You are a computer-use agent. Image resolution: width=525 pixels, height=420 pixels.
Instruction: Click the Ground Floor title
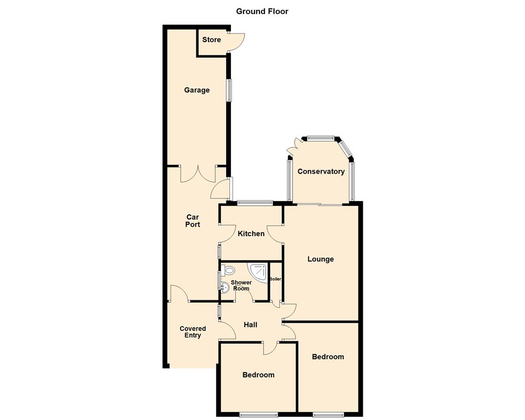tap(262, 11)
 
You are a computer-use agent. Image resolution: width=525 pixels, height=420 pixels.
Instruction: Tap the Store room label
tap(212, 40)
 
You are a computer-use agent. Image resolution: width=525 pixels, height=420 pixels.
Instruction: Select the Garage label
tap(197, 90)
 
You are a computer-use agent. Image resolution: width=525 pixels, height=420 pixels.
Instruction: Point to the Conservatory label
tap(321, 172)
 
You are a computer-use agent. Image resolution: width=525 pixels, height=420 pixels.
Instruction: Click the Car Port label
tap(193, 220)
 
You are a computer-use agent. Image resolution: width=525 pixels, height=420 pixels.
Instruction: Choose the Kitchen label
tap(251, 234)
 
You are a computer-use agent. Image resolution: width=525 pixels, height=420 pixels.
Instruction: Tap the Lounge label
tap(320, 259)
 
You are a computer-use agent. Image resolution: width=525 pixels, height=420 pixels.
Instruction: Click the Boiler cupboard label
tap(275, 279)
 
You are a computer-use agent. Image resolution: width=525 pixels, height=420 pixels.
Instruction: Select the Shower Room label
tap(242, 286)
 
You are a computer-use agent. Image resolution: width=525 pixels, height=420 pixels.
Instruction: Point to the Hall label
tap(250, 325)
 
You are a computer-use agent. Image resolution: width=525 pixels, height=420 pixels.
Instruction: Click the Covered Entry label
tap(193, 332)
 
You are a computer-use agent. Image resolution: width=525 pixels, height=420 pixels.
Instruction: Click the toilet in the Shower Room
tap(228, 270)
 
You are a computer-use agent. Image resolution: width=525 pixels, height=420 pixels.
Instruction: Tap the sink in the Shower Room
tap(225, 287)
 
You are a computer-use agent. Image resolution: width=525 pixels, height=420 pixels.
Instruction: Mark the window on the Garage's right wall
tap(228, 90)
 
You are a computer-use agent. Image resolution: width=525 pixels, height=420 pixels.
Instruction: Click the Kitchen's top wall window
tap(255, 202)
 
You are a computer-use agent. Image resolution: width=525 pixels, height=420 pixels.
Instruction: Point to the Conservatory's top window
tap(320, 139)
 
